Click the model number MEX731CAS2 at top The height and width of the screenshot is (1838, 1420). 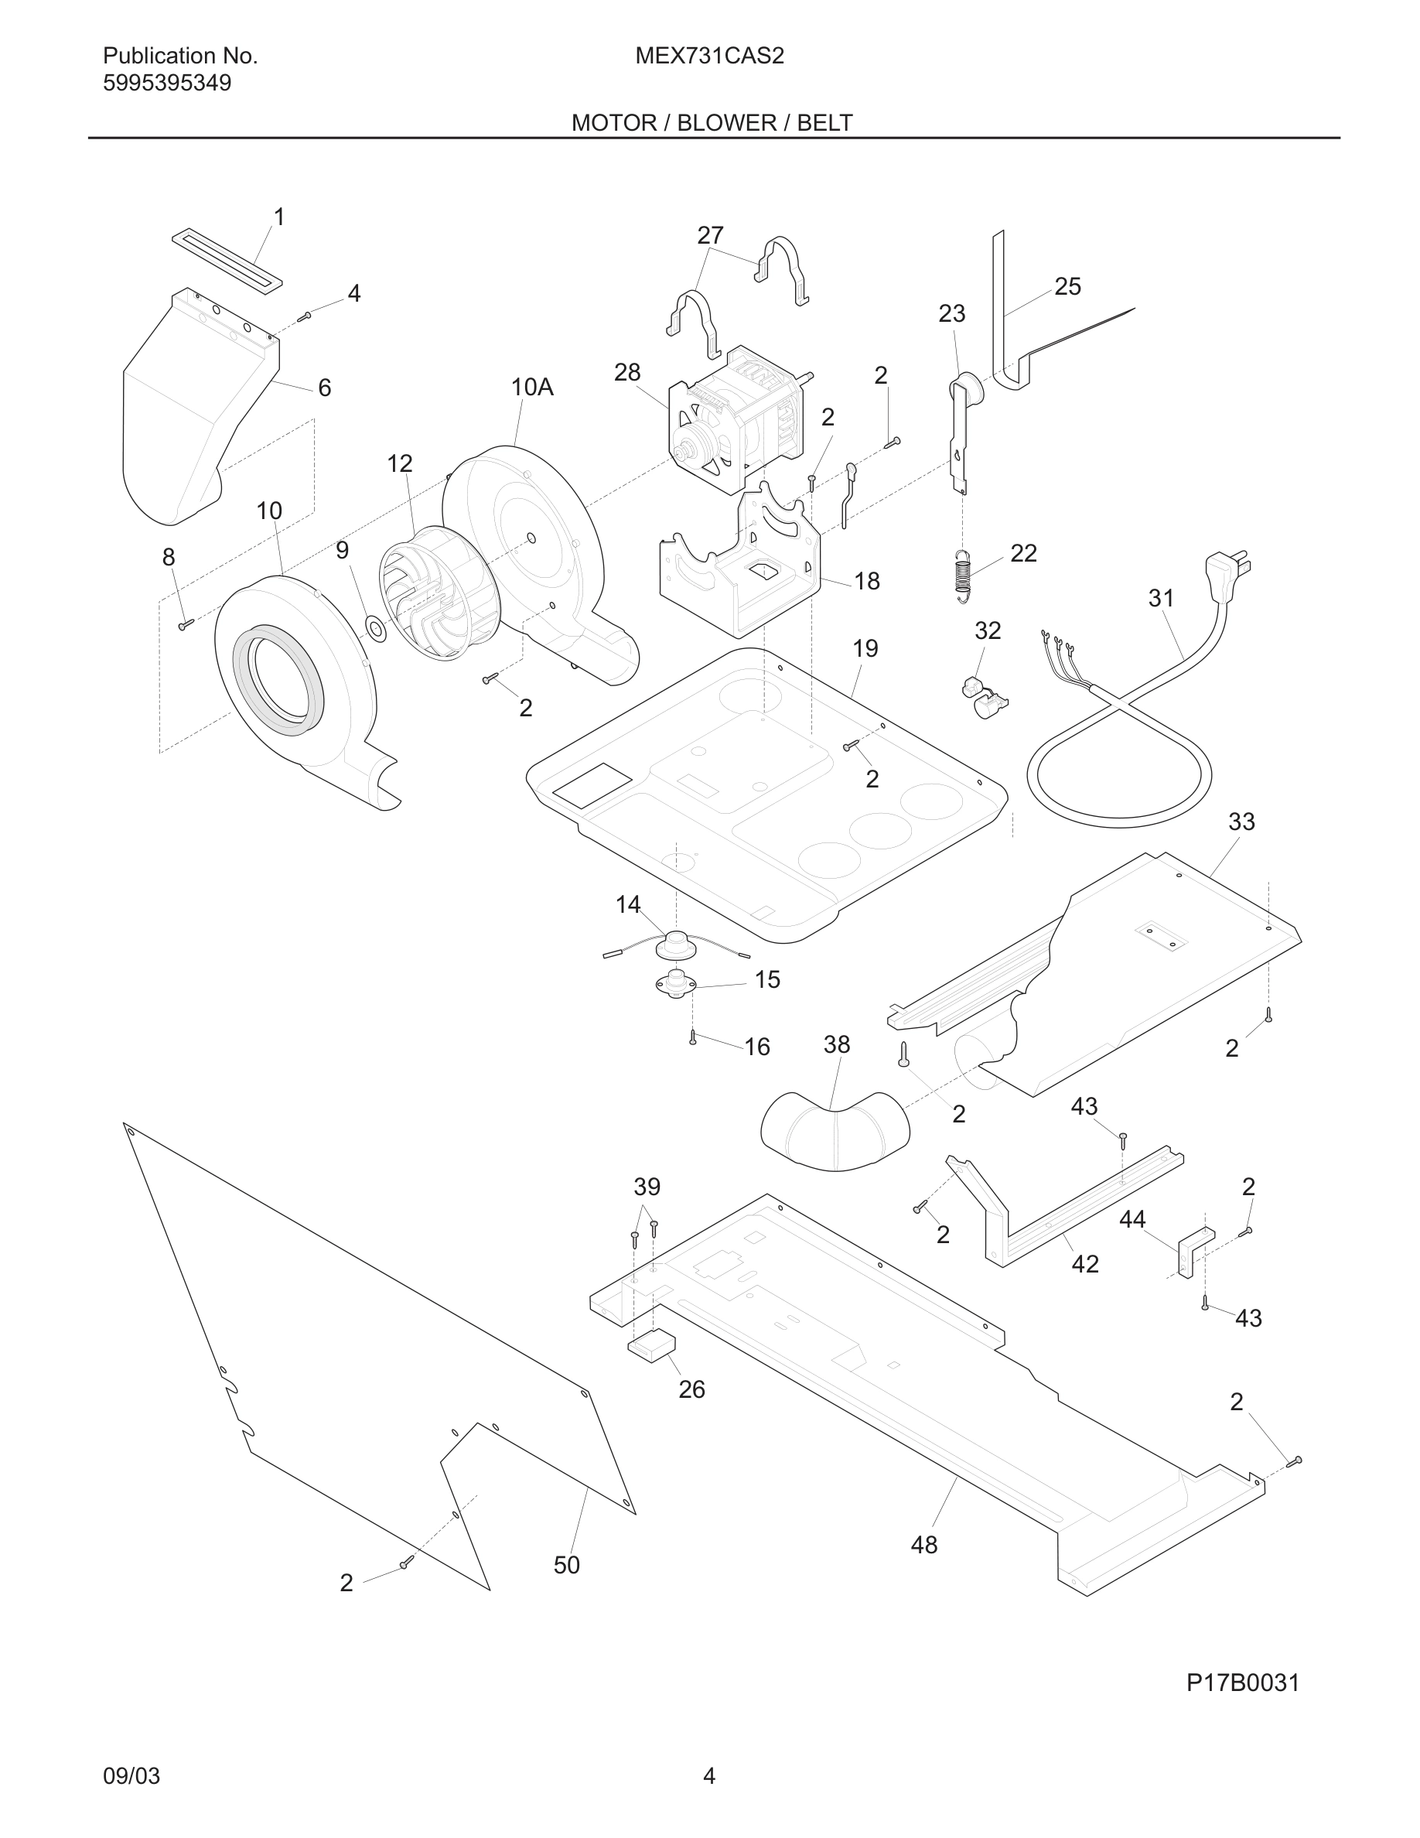click(x=709, y=56)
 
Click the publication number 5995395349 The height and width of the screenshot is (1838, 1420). click(x=166, y=84)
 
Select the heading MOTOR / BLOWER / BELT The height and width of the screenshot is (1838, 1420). click(x=712, y=123)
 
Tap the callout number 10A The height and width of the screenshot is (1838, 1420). click(x=531, y=387)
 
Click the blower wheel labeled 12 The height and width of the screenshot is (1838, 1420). click(x=438, y=593)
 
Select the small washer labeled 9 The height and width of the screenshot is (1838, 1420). click(x=375, y=627)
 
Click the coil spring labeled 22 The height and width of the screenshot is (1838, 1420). click(x=964, y=576)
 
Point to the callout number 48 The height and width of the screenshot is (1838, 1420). click(x=923, y=1544)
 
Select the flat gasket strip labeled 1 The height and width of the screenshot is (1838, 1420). click(x=227, y=262)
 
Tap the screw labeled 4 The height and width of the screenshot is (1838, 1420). click(x=306, y=316)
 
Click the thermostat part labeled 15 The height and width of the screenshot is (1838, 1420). click(x=676, y=984)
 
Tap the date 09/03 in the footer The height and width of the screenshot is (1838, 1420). click(x=131, y=1775)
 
